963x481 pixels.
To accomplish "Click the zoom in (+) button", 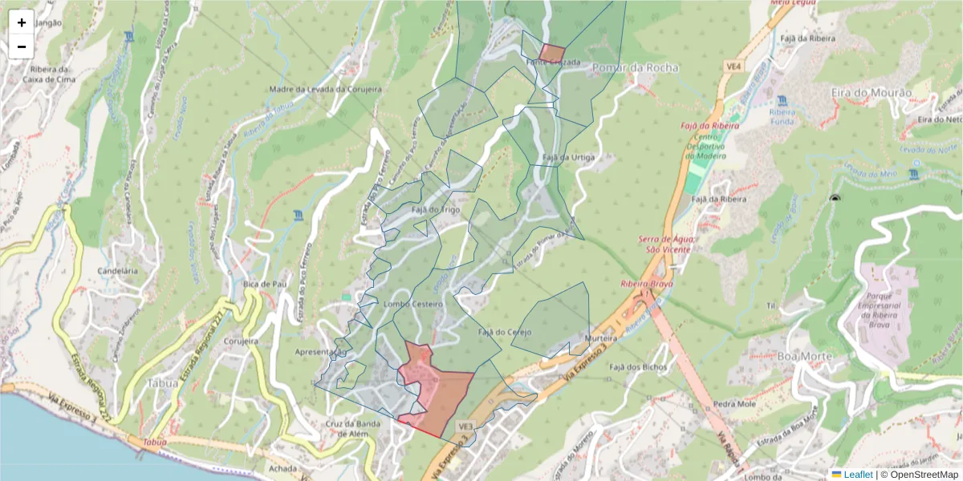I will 22,22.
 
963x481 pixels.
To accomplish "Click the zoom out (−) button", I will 22,46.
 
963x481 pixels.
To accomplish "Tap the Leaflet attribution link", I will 857,475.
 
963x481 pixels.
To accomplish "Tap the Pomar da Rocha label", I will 635,68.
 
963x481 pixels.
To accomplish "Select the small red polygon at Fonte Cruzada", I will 552,53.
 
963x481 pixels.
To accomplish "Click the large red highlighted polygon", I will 437,393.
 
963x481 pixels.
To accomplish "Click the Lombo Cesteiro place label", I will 413,305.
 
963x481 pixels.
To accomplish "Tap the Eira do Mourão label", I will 872,93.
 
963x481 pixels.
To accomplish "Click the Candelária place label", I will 118,271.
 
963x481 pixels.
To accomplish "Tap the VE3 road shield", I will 465,424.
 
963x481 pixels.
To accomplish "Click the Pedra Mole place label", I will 735,404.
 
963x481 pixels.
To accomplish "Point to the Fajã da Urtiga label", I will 568,157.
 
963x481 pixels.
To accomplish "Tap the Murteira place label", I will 600,338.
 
